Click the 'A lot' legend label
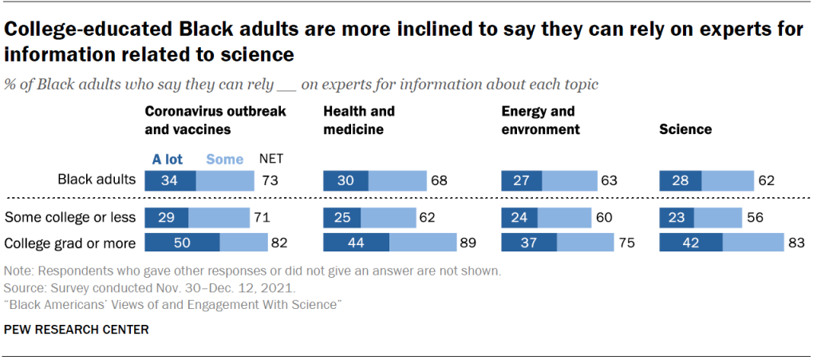168,159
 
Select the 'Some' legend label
224,159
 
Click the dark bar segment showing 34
170,180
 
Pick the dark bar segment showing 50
181,243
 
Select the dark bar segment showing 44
356,243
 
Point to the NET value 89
468,243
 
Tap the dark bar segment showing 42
690,243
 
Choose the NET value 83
795,243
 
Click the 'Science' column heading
685,129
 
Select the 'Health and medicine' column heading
358,120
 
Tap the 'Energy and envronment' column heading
540,120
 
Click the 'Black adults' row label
96,180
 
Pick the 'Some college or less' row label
70,217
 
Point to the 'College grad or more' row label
70,243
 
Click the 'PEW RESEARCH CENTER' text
77,329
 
